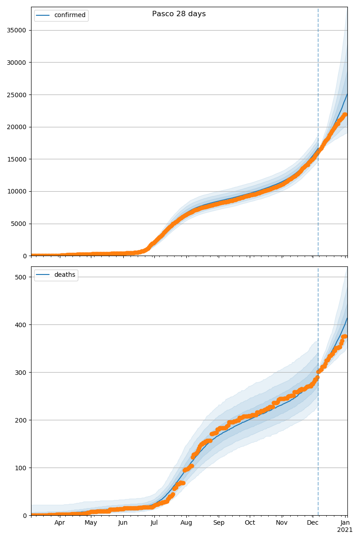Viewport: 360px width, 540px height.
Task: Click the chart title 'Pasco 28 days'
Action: pyautogui.click(x=179, y=14)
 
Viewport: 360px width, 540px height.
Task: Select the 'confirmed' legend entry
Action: pyautogui.click(x=69, y=15)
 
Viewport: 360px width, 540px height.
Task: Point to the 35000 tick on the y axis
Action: pyautogui.click(x=16, y=30)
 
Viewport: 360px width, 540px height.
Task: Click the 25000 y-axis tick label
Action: pyautogui.click(x=16, y=95)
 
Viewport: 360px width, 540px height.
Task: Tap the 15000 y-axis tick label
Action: pyautogui.click(x=16, y=159)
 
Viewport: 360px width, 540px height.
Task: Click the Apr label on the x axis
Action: pyautogui.click(x=60, y=523)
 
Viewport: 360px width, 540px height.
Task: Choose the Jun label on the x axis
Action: pyautogui.click(x=123, y=523)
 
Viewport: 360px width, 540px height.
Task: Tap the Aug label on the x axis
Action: pyautogui.click(x=186, y=523)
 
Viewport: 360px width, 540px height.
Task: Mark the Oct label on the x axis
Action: pyautogui.click(x=250, y=523)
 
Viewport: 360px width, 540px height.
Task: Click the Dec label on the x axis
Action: pyautogui.click(x=313, y=523)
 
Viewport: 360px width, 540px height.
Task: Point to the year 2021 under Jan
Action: pyautogui.click(x=345, y=530)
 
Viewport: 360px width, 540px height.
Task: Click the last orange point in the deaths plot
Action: pyautogui.click(x=345, y=336)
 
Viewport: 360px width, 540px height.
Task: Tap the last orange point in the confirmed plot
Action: pyautogui.click(x=345, y=114)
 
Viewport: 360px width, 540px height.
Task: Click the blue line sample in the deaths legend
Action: pyautogui.click(x=43, y=275)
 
